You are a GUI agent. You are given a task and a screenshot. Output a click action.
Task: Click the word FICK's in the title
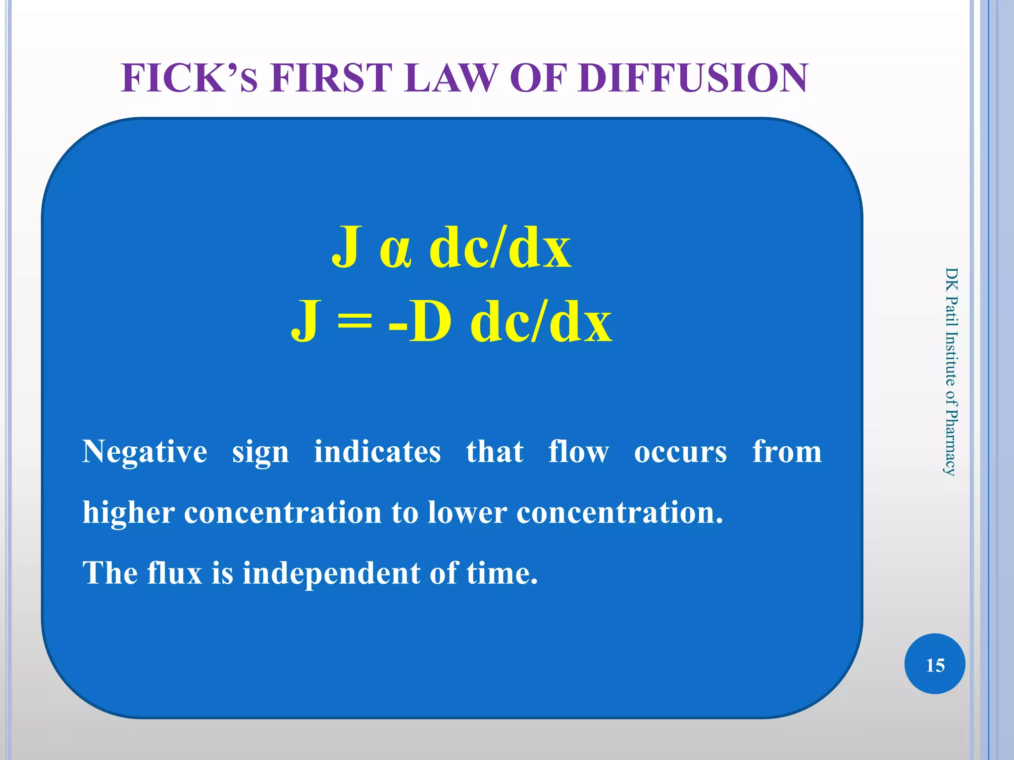(x=189, y=78)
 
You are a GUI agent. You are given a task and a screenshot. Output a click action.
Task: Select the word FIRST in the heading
(x=331, y=78)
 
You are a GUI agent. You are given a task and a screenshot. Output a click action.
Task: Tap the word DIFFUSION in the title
(x=693, y=78)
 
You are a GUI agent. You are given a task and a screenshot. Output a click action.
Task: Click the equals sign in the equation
(x=354, y=323)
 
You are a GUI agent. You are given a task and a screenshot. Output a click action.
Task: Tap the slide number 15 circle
(x=935, y=665)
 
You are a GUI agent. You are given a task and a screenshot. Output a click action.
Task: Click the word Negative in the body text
(x=145, y=452)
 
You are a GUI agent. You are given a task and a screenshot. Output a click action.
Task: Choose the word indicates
(x=377, y=452)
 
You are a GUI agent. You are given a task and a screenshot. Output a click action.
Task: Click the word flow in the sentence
(x=578, y=452)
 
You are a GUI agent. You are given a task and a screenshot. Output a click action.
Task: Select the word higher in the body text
(x=128, y=513)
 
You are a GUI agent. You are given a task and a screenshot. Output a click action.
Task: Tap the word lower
(x=467, y=513)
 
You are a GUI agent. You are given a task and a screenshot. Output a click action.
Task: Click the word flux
(x=174, y=573)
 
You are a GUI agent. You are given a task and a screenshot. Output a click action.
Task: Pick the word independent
(x=331, y=574)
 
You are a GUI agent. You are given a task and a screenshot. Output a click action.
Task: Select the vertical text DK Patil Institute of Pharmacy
(x=951, y=371)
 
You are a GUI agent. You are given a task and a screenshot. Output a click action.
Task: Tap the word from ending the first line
(x=787, y=452)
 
